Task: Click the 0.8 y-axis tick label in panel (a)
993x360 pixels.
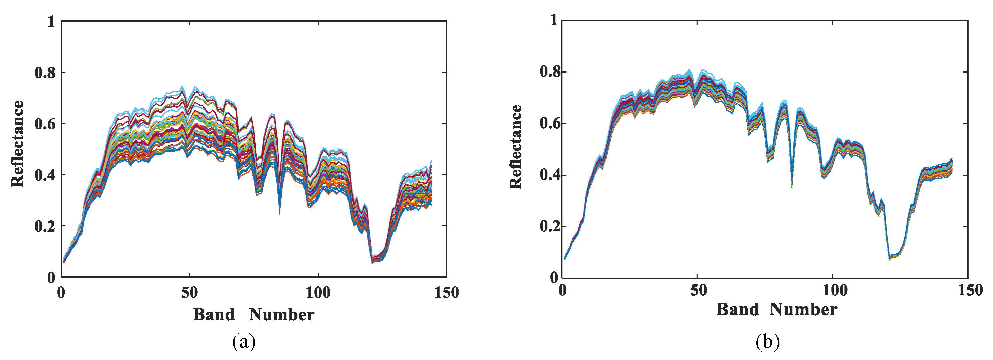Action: click(45, 72)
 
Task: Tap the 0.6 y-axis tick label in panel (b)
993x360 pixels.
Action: click(549, 124)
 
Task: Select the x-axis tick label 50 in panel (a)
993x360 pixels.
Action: click(189, 293)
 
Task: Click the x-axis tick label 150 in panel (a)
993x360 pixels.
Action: click(446, 293)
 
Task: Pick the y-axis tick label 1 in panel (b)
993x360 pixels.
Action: click(554, 20)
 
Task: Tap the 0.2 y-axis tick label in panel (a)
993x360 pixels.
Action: click(45, 226)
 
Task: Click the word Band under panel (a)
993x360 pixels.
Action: click(214, 315)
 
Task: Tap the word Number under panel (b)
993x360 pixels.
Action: click(803, 310)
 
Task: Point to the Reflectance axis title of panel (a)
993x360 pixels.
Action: click(18, 144)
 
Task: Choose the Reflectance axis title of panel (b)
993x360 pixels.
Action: click(516, 147)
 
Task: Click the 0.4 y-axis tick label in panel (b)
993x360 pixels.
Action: click(549, 175)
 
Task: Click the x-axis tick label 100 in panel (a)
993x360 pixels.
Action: click(318, 293)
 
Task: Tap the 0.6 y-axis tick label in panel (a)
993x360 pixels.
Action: click(45, 124)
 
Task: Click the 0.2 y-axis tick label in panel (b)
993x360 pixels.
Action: click(549, 226)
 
